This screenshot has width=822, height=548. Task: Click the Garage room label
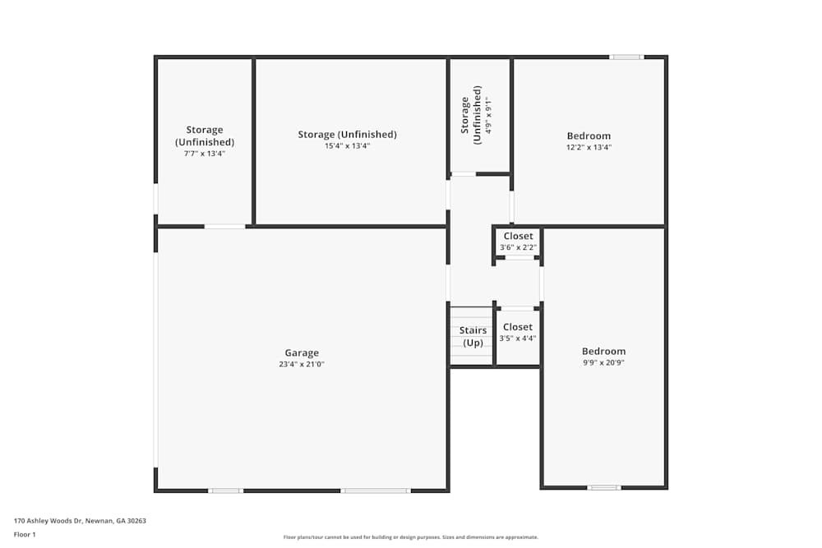pyautogui.click(x=302, y=353)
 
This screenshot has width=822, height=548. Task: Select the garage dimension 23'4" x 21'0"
pyautogui.click(x=302, y=365)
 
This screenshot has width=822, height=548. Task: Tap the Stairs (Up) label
pyautogui.click(x=473, y=336)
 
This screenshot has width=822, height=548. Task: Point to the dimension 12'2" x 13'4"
pyautogui.click(x=589, y=147)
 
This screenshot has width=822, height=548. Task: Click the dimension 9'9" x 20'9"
pyautogui.click(x=603, y=362)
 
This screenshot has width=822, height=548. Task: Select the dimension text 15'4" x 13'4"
pyautogui.click(x=347, y=146)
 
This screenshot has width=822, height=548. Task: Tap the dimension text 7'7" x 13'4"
pyautogui.click(x=204, y=153)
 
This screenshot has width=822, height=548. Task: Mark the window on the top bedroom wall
pyautogui.click(x=626, y=57)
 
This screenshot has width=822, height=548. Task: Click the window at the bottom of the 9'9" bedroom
pyautogui.click(x=604, y=487)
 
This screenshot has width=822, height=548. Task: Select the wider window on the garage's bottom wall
pyautogui.click(x=376, y=490)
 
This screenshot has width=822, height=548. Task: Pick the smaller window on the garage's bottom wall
pyautogui.click(x=225, y=490)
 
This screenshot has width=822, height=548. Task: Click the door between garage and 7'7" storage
pyautogui.click(x=224, y=226)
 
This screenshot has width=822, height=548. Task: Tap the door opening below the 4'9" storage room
pyautogui.click(x=464, y=174)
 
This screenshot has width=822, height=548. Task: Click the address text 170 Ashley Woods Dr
pyautogui.click(x=80, y=521)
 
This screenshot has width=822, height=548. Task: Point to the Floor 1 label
pyautogui.click(x=25, y=534)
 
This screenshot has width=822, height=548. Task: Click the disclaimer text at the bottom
pyautogui.click(x=411, y=537)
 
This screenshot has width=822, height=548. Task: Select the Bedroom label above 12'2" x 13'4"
pyautogui.click(x=589, y=136)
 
